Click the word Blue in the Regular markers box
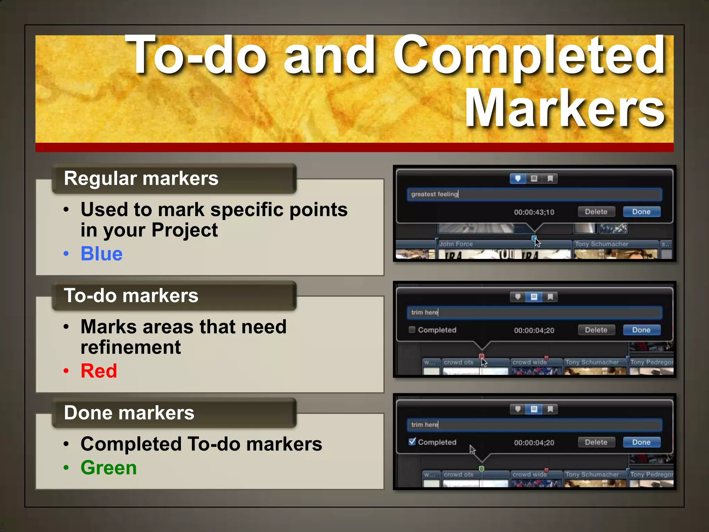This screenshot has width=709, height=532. [101, 254]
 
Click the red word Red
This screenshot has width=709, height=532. [99, 371]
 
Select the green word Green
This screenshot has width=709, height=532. [109, 468]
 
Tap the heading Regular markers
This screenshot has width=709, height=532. [141, 178]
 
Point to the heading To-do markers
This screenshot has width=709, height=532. [131, 296]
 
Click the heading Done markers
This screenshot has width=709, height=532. [129, 413]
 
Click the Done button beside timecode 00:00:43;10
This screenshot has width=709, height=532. [641, 212]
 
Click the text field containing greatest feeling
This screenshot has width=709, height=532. [534, 194]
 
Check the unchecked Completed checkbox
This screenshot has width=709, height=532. [412, 330]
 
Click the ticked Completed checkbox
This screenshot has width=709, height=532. [412, 442]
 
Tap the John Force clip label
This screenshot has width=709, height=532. [456, 244]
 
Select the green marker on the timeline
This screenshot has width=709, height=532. [481, 469]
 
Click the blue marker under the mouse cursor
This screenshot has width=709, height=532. [534, 238]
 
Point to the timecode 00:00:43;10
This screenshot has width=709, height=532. [534, 212]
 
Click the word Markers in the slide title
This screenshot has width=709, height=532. [564, 108]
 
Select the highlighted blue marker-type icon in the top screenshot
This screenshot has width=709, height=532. [518, 179]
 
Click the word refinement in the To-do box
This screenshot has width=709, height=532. [131, 347]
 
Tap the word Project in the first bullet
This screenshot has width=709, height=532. [185, 230]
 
